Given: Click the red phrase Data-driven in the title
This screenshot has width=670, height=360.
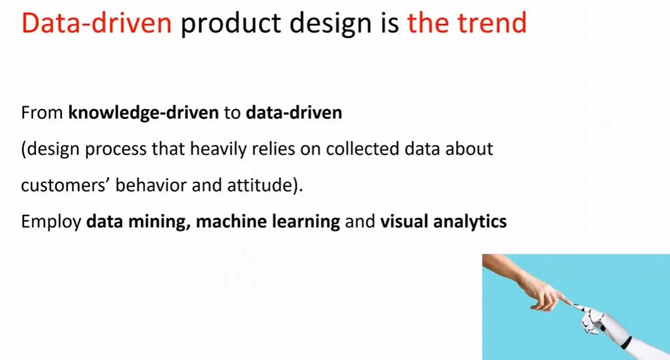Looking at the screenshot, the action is pyautogui.click(x=97, y=23).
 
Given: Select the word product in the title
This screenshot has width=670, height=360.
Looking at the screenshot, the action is pyautogui.click(x=231, y=24).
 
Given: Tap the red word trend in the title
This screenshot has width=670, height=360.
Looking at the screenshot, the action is pyautogui.click(x=492, y=23).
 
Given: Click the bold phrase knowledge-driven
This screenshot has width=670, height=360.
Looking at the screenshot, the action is pyautogui.click(x=144, y=113).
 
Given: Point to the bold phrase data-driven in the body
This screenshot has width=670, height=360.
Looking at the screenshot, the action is pyautogui.click(x=294, y=112).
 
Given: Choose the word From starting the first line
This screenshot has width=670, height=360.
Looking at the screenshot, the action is pyautogui.click(x=42, y=113).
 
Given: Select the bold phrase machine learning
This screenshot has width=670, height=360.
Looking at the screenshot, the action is pyautogui.click(x=268, y=222).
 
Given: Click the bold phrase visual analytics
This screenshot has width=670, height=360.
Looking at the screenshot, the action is pyautogui.click(x=443, y=222).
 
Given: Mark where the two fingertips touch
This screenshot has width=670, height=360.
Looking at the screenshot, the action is pyautogui.click(x=571, y=305).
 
